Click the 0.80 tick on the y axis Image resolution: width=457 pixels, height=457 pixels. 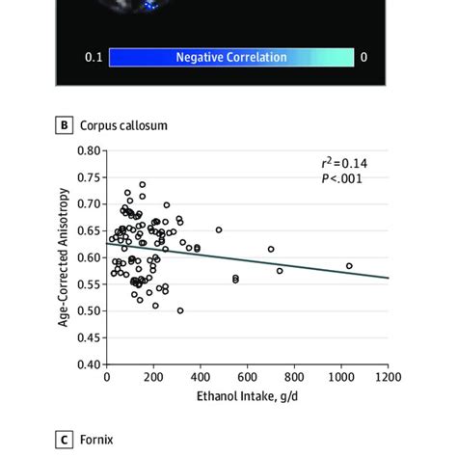[89, 150]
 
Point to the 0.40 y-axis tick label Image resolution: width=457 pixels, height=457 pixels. [89, 364]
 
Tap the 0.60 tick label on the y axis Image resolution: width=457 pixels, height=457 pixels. [89, 257]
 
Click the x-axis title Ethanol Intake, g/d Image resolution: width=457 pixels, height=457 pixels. [247, 395]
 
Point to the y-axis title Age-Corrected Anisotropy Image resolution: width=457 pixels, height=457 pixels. [64, 257]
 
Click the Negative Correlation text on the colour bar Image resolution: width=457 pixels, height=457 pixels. [230, 57]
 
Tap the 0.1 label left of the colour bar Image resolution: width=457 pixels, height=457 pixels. [94, 58]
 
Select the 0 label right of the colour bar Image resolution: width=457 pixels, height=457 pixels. [363, 58]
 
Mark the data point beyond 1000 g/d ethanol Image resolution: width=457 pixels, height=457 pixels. [349, 265]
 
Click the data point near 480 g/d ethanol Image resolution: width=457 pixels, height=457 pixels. [219, 229]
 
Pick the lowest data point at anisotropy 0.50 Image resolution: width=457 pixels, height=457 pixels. [179, 310]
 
